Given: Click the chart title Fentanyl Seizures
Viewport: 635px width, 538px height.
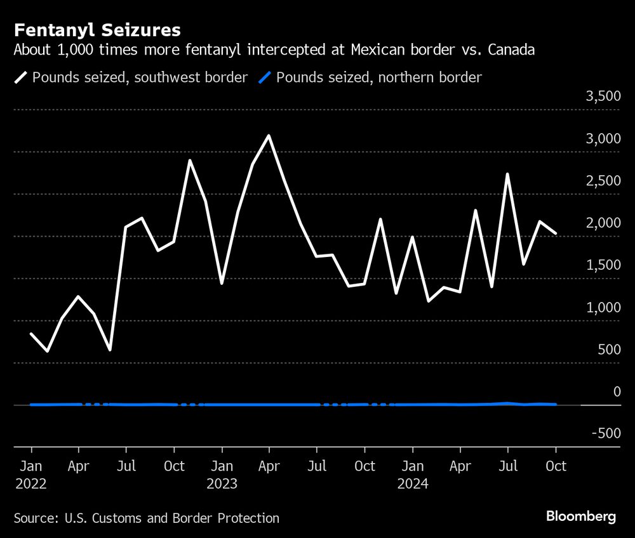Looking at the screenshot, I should pyautogui.click(x=97, y=30).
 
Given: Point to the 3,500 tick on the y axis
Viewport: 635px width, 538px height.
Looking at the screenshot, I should pyautogui.click(x=603, y=96).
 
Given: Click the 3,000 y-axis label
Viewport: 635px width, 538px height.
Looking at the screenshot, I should pyautogui.click(x=603, y=139).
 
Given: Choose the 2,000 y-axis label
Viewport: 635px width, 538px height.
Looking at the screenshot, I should pyautogui.click(x=603, y=223).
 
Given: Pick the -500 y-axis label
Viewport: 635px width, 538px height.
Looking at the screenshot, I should pyautogui.click(x=606, y=434).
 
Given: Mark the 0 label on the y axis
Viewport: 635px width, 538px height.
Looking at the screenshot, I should pyautogui.click(x=615, y=392).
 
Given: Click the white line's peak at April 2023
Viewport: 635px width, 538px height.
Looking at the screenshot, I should pyautogui.click(x=269, y=136).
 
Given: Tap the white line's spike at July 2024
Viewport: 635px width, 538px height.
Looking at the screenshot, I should pyautogui.click(x=507, y=174).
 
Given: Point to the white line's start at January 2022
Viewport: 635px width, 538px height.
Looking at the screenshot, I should pyautogui.click(x=31, y=334).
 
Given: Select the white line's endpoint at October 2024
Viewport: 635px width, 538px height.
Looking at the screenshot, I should pyautogui.click(x=556, y=233).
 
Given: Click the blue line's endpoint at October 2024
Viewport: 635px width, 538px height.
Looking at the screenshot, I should pyautogui.click(x=556, y=404).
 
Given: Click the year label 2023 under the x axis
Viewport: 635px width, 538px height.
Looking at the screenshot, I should pyautogui.click(x=222, y=485).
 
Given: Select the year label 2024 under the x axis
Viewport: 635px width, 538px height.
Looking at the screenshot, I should pyautogui.click(x=412, y=485).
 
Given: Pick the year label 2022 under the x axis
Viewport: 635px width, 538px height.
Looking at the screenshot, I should pyautogui.click(x=31, y=485).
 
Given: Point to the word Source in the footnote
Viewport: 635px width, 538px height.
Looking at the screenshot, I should pyautogui.click(x=35, y=518).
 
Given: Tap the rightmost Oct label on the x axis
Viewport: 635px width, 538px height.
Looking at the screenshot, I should pyautogui.click(x=556, y=466).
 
